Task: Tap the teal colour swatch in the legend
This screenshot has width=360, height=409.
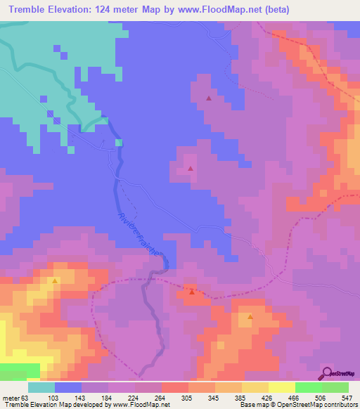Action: [41, 387]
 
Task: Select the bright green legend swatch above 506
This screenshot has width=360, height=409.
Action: [309, 387]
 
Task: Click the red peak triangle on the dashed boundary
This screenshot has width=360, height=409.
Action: [191, 290]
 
